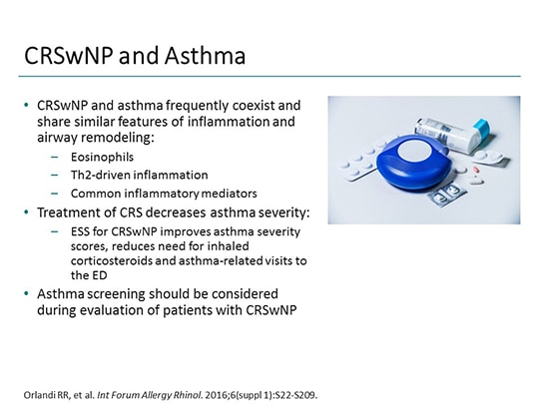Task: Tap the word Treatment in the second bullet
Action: pos(74,211)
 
